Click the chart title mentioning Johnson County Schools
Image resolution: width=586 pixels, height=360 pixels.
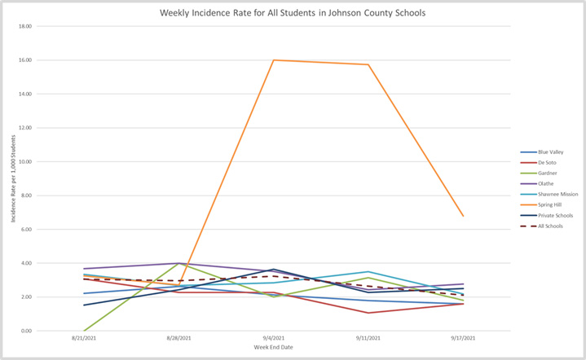point(292,14)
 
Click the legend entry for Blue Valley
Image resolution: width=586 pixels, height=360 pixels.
point(548,152)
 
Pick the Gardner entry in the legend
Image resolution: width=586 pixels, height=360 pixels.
point(545,173)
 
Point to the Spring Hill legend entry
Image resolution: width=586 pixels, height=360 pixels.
point(547,205)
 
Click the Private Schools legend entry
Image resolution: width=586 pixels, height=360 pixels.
point(551,216)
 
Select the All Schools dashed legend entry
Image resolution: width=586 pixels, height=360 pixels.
point(548,226)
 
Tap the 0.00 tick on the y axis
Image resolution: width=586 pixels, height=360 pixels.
point(27,331)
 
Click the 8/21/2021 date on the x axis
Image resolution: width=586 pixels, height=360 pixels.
point(85,337)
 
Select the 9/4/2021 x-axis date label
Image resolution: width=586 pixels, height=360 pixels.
point(274,337)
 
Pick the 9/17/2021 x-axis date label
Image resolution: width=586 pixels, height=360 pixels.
point(464,337)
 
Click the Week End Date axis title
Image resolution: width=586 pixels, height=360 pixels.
point(274,348)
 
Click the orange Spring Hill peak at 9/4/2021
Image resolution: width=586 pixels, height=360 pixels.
point(274,60)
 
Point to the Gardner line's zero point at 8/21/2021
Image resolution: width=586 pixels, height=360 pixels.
point(85,331)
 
